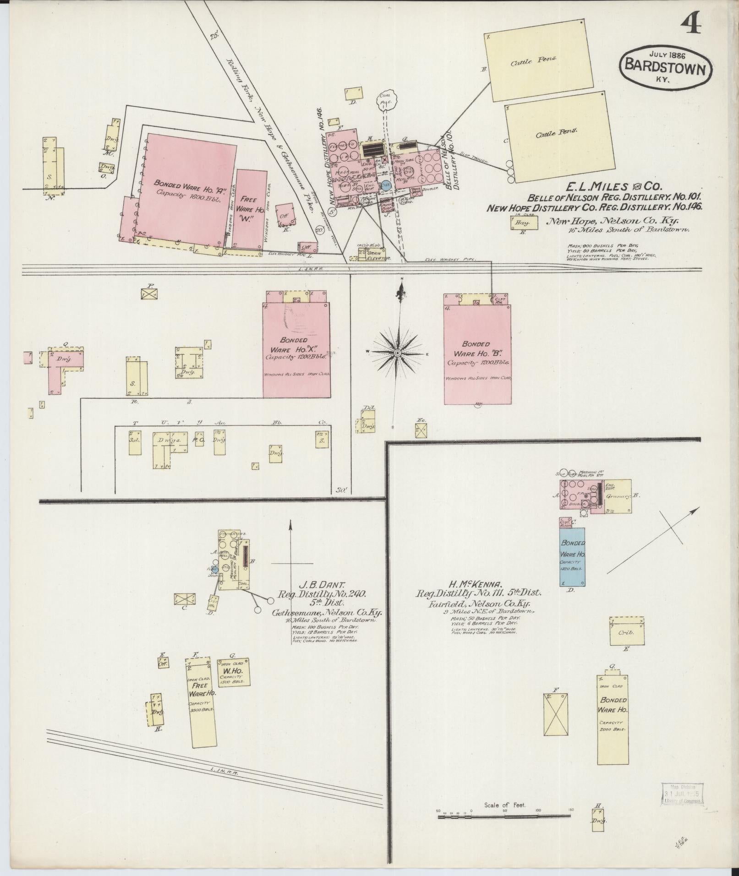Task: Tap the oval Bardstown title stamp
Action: pyautogui.click(x=666, y=65)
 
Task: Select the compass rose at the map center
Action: pyautogui.click(x=397, y=353)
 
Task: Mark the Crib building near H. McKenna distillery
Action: pyautogui.click(x=626, y=632)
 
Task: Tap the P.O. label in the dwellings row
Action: pyautogui.click(x=198, y=441)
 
